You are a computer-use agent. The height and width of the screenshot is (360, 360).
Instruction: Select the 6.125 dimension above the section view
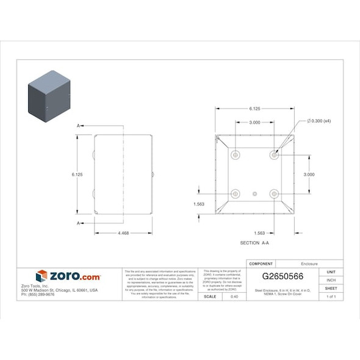pos(254,109)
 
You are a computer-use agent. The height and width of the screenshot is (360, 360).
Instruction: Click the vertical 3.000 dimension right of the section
pos(309,174)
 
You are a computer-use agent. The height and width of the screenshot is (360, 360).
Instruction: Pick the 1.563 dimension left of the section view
pos(198,204)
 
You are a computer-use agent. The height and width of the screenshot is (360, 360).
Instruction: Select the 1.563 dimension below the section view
pos(259,233)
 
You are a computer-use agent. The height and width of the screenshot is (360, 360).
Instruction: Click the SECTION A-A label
pos(254,243)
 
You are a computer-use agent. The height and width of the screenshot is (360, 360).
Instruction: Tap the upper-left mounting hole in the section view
pos(236,155)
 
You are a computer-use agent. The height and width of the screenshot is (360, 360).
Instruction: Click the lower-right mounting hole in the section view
pos(274,194)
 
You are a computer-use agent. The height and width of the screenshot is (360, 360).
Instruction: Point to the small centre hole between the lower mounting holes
pos(255,194)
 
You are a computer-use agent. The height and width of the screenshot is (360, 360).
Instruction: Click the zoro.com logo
pos(68,276)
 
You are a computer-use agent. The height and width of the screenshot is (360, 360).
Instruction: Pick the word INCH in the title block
pos(331,280)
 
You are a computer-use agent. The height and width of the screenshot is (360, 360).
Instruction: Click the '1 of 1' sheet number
pos(331,297)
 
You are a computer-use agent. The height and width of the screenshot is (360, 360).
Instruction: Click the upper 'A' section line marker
pos(78,126)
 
